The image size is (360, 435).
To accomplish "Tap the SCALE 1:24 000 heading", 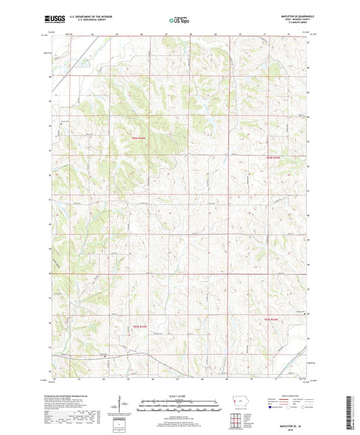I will tap(180, 396).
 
